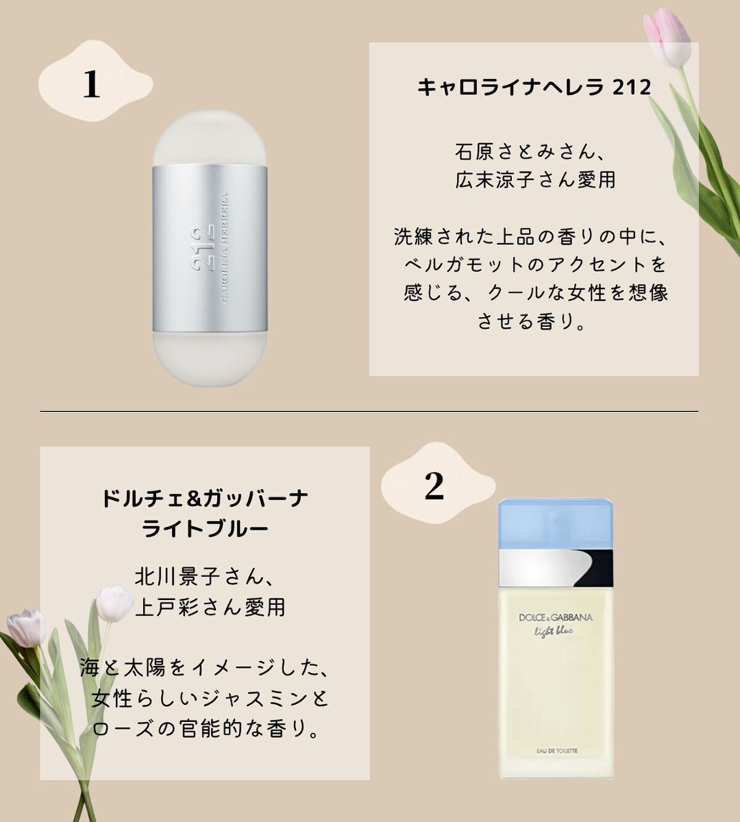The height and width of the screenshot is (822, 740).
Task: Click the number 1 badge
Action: pyautogui.click(x=91, y=84)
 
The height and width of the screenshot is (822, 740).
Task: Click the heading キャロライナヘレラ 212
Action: pyautogui.click(x=534, y=87)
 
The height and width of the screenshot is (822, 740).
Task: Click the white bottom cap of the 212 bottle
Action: pyautogui.click(x=210, y=358)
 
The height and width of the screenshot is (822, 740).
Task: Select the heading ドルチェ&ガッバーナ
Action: pyautogui.click(x=205, y=498)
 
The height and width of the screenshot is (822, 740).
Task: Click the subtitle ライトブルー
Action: pyautogui.click(x=205, y=528)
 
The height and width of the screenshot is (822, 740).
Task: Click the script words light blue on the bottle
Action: pyautogui.click(x=553, y=631)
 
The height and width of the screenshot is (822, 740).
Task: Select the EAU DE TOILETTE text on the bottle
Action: pyautogui.click(x=556, y=750)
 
